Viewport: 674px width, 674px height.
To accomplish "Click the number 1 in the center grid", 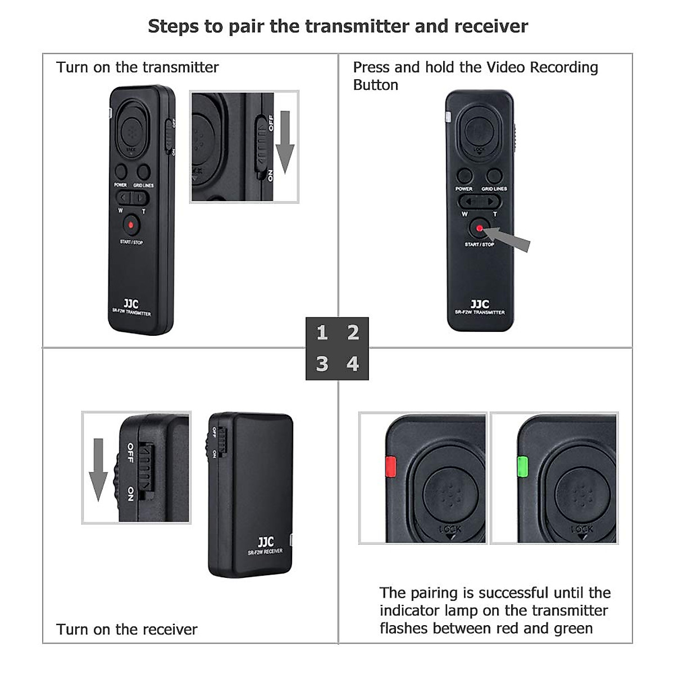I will (x=322, y=333).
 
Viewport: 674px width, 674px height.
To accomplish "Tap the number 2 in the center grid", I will (x=353, y=333).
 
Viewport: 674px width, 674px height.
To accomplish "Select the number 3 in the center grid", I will (x=322, y=364).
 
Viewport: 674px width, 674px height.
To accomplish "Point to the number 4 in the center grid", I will (x=353, y=364).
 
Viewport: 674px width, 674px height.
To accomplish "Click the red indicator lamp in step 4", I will (x=390, y=466).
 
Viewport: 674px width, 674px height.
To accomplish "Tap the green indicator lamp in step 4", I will (x=523, y=466).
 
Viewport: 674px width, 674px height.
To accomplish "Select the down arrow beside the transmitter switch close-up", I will (x=285, y=142).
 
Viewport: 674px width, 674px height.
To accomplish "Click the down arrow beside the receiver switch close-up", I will (x=98, y=469).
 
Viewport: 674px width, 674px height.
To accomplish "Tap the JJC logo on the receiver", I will (x=266, y=542).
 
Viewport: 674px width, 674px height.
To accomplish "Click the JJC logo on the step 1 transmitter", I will (x=131, y=304).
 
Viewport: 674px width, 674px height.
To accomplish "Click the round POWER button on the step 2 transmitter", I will (x=464, y=176).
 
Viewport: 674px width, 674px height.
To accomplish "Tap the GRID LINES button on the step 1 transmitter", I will (x=144, y=171).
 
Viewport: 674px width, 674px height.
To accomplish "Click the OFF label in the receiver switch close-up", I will (x=130, y=453).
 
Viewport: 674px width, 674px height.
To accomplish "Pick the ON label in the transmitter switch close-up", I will (x=271, y=175).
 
